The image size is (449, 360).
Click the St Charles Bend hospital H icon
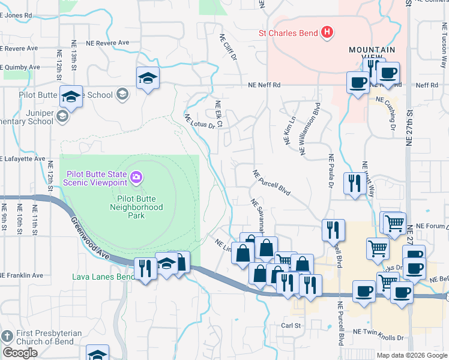tap(327, 32)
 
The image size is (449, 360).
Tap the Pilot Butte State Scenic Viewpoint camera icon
tap(136, 176)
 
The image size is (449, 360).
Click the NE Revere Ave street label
tap(107, 43)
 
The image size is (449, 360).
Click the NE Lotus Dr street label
tap(199, 122)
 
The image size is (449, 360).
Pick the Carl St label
tap(291, 325)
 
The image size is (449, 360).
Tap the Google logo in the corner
tap(20, 353)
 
